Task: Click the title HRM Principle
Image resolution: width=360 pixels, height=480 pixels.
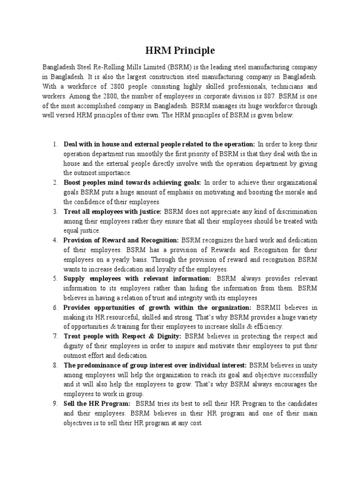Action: click(180, 50)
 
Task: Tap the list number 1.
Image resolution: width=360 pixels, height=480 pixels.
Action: click(55, 144)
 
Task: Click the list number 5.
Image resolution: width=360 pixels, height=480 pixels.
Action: click(55, 278)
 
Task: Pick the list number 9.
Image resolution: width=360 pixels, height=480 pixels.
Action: click(55, 403)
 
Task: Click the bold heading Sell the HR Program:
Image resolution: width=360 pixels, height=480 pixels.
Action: click(97, 403)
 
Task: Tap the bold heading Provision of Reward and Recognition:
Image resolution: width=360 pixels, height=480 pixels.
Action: click(121, 240)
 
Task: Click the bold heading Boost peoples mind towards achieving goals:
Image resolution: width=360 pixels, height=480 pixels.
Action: click(132, 182)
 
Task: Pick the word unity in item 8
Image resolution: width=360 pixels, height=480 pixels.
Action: click(307, 365)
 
